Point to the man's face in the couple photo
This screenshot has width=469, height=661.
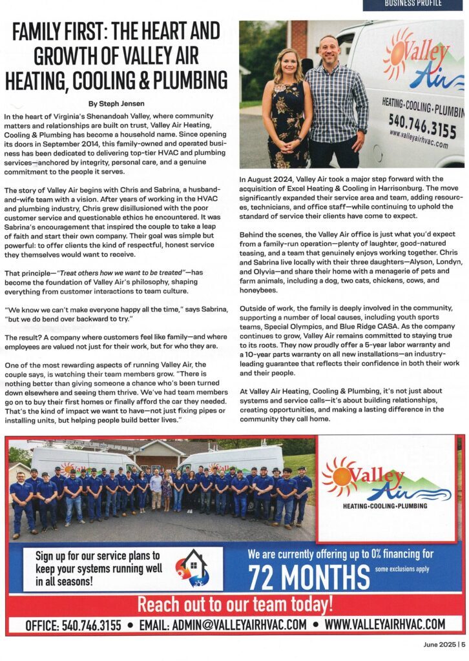(329, 49)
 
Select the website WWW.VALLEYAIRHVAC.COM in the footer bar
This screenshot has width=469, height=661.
(385, 624)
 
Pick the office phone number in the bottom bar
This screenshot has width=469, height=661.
(73, 624)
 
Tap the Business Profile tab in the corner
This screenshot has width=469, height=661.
(413, 4)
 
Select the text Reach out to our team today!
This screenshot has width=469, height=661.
(235, 604)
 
